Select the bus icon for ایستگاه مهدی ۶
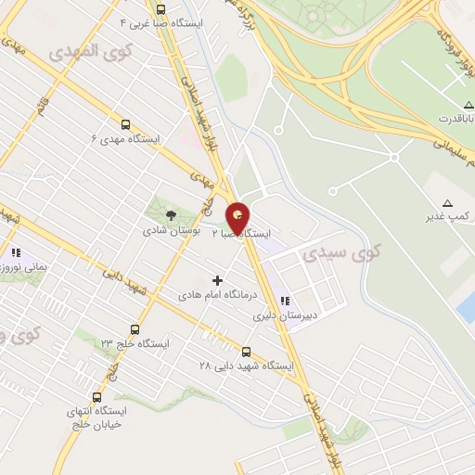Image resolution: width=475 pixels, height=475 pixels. pos(125,124)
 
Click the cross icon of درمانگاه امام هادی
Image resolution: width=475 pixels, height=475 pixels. pos(218,279)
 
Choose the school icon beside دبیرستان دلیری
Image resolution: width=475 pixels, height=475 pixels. pos(285,301)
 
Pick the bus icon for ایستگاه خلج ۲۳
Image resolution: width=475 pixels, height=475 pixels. pos(135,329)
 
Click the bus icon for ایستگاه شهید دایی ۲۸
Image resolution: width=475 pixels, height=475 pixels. pos(246,352)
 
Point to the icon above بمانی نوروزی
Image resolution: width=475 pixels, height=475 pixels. pos(15,252)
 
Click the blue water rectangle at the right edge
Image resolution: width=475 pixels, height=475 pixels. pos(467,307)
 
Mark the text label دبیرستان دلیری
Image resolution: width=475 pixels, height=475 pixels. pos(285,315)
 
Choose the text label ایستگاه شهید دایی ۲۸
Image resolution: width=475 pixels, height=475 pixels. pos(247,366)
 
